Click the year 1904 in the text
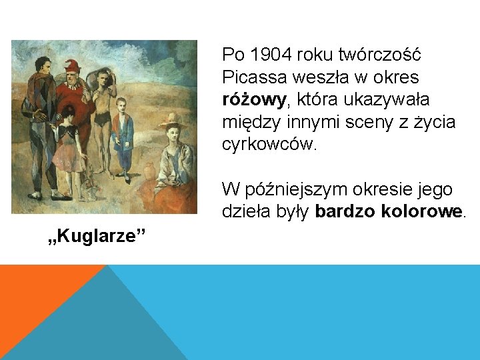pos(265,54)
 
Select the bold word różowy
pos(253,99)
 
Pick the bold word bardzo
pos(346,213)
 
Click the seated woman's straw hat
pos(172,122)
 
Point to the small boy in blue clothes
pos(123,133)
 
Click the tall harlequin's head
pos(43,65)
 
